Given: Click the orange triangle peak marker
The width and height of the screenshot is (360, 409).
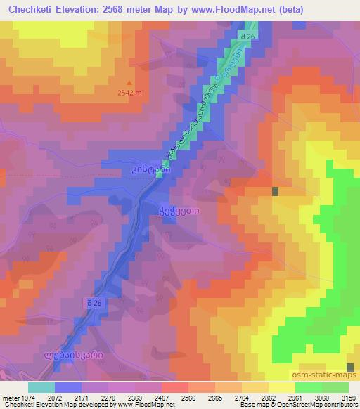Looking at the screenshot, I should tap(129, 82).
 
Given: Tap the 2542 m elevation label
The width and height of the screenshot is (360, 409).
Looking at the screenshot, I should tap(129, 92).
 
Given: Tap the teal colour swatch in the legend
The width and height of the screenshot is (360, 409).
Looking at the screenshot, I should tap(41, 387).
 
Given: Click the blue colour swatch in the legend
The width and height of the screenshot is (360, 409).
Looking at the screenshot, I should tap(67, 387).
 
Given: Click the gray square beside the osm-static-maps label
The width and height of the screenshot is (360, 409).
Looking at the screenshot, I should tap(351, 366).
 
